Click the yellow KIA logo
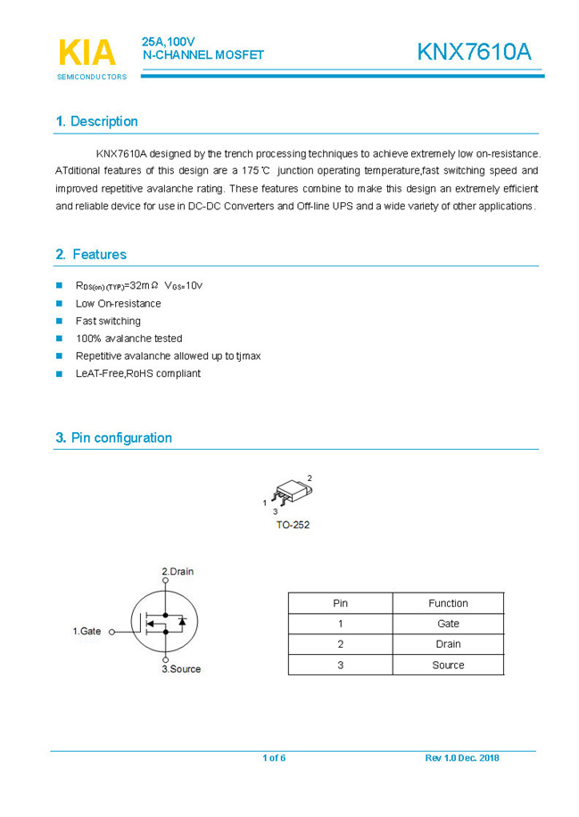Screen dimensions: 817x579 [87, 53]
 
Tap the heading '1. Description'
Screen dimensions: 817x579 [96, 121]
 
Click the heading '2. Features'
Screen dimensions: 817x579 [91, 255]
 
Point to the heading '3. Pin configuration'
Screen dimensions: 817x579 [113, 437]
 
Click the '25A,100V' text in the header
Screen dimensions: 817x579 [168, 42]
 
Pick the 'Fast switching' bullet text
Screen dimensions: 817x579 [108, 321]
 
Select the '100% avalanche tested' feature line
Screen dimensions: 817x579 [128, 339]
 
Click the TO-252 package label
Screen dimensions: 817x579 [293, 525]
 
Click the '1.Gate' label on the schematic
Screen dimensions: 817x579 [87, 632]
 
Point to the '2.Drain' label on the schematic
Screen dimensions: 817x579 [178, 571]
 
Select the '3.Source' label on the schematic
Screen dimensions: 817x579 [181, 668]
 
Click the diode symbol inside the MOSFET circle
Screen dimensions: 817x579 [182, 620]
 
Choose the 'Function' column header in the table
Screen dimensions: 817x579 [448, 603]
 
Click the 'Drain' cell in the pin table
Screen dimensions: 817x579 [448, 644]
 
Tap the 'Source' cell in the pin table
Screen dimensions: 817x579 [448, 665]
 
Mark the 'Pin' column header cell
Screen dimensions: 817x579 [340, 603]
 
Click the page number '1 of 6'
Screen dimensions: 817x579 [274, 758]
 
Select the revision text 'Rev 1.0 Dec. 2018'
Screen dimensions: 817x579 [462, 758]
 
